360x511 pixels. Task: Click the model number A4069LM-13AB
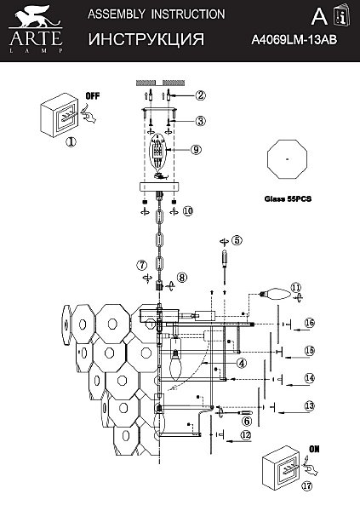coord(294,40)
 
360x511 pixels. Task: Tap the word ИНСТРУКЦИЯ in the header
coord(146,39)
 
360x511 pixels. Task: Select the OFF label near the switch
coord(93,95)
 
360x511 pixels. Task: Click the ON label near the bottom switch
coord(314,449)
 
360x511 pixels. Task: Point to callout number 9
coord(196,150)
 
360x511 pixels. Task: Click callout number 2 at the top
coord(200,95)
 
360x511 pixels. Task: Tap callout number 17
coord(306,486)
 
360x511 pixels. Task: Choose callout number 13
coord(309,406)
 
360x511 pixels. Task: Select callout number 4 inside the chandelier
coord(242,363)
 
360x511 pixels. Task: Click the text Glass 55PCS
coord(288,198)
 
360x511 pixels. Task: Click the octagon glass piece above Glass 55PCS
coord(287,159)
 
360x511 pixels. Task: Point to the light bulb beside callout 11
coord(274,293)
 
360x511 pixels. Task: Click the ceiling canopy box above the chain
coord(158,187)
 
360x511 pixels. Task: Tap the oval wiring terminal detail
coord(158,154)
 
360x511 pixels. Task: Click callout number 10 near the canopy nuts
coord(187,211)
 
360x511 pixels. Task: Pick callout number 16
coord(310,323)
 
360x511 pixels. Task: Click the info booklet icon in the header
coord(342,16)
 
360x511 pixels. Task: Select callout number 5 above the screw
coord(237,240)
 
